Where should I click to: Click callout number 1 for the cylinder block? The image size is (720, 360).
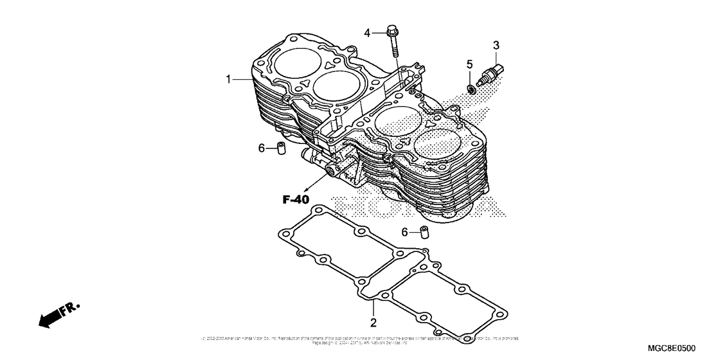228,79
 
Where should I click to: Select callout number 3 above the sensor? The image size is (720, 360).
496,45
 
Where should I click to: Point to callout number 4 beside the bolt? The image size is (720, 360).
368,32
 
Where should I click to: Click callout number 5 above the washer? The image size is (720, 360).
469,64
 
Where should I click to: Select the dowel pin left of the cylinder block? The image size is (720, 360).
280,148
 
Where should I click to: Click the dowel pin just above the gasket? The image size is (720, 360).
424,231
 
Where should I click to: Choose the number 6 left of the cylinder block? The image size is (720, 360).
262,148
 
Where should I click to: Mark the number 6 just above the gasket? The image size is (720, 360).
405,232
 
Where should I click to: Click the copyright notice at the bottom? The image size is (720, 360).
360,340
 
